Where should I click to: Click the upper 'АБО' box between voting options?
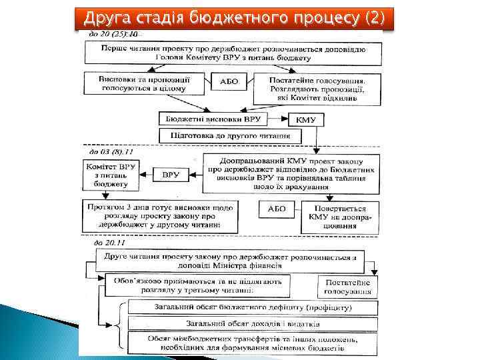pos(229,82)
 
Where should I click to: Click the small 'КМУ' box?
pos(307,121)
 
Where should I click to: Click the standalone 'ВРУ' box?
pos(171,175)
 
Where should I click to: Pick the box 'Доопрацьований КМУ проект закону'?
pos(291,175)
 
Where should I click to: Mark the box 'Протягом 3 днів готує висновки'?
pos(159,216)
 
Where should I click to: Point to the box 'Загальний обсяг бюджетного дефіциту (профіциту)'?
pos(253,307)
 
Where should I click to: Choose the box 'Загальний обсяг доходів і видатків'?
pos(253,324)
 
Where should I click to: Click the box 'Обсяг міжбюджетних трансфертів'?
pos(253,343)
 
